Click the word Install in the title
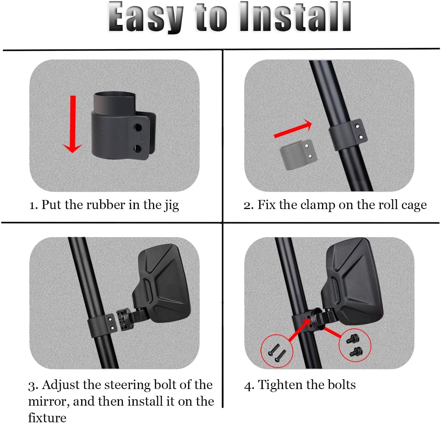click(295, 17)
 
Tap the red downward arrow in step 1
click(73, 125)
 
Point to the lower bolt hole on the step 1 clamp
click(138, 149)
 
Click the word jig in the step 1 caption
click(172, 206)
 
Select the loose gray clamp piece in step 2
click(296, 155)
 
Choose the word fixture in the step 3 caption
click(47, 418)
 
